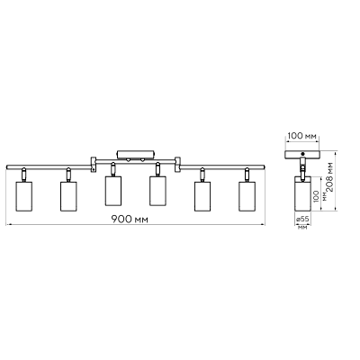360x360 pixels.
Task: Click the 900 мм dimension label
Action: pos(130,220)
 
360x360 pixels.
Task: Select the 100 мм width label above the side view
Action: pos(301,136)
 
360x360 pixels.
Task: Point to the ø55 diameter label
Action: pos(302,219)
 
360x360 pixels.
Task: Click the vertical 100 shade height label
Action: pos(315,196)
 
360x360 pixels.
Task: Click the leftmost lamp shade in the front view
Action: pos(23,196)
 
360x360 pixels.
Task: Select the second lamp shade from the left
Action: pos(68,196)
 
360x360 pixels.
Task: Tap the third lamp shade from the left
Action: pos(113,191)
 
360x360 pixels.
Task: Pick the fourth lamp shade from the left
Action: pos(157,191)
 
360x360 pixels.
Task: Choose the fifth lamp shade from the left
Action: pos(202,196)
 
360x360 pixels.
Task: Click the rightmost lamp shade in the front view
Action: pos(247,196)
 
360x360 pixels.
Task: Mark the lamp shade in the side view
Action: pos(302,193)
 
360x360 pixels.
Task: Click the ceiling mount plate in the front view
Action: pos(135,154)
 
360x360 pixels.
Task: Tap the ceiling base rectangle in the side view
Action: pos(302,154)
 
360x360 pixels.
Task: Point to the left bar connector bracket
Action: pos(94,165)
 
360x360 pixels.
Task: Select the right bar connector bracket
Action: pos(177,165)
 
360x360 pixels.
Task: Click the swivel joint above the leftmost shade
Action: pos(23,175)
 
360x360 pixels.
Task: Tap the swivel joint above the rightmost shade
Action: pos(247,175)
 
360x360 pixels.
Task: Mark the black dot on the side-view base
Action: pos(302,154)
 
